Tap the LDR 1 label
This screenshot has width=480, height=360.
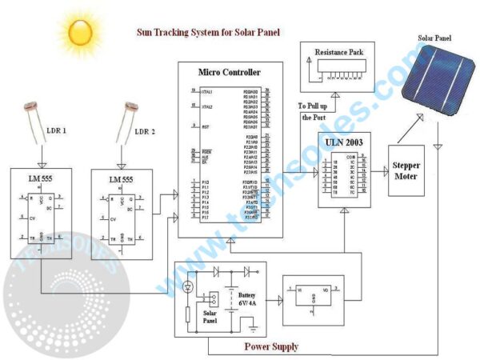[x=58, y=130]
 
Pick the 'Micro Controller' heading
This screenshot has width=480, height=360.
[x=230, y=73]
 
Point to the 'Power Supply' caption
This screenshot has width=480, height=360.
[x=271, y=346]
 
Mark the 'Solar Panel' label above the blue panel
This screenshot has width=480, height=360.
[x=439, y=37]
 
